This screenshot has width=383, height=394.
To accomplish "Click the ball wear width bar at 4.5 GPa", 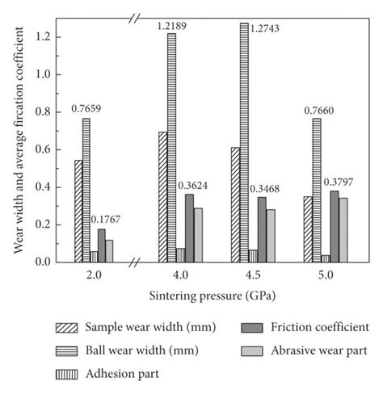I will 243,142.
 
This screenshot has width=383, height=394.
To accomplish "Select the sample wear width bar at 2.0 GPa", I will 78,211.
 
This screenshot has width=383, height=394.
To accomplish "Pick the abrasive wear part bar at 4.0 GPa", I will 198,235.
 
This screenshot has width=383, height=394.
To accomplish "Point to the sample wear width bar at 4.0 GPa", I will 162,197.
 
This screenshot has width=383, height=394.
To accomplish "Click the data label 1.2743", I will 267,28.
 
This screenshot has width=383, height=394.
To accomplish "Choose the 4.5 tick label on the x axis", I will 254,275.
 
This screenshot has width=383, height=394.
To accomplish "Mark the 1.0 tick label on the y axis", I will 44,74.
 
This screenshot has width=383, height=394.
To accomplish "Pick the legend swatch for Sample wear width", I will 68,328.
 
